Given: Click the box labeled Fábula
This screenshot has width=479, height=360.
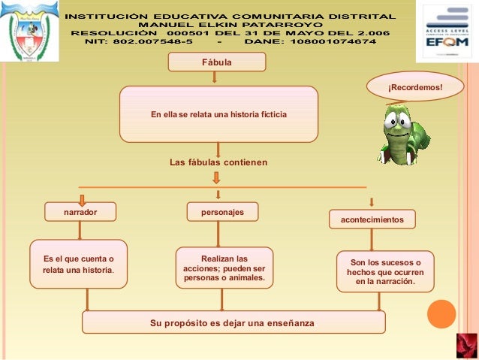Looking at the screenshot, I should point(217,61).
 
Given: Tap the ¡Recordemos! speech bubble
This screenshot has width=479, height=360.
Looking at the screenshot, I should point(415,88).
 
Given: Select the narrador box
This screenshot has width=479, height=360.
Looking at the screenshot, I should point(80,213).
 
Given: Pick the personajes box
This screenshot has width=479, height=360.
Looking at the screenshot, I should point(222,212).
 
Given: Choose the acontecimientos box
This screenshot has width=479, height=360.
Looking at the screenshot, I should point(372,219).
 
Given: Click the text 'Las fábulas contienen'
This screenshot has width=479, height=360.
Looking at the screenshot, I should point(218,162).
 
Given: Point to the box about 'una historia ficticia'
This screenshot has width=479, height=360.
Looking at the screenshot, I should point(218,114).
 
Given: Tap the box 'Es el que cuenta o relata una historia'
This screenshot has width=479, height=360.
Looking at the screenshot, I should point(78,264).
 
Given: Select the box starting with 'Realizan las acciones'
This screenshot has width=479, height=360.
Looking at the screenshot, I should point(224,268).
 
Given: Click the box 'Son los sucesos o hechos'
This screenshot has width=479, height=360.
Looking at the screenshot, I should point(385,272).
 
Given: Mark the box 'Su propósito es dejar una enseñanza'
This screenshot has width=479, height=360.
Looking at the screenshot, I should point(233,322).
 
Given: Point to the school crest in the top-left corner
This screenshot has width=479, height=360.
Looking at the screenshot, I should point(29,32).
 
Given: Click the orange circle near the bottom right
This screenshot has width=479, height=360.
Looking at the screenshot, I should point(441,314).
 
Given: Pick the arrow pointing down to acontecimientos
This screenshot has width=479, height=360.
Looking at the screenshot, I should point(372,201).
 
